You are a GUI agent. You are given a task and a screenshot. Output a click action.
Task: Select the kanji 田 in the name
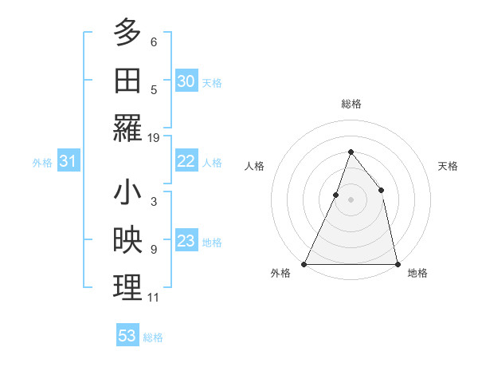(127, 80)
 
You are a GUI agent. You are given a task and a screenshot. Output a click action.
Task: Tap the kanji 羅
(127, 128)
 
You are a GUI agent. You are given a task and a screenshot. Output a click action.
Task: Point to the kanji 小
(127, 193)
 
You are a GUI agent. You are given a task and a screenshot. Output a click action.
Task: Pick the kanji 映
(127, 241)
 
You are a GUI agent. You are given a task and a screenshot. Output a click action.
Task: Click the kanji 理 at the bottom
(127, 289)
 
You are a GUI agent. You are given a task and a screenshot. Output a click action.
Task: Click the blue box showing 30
(186, 81)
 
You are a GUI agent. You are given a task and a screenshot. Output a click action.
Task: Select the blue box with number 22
(186, 161)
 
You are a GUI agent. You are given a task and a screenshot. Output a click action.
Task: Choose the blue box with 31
(68, 162)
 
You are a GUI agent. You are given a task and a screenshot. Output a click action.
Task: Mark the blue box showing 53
(127, 336)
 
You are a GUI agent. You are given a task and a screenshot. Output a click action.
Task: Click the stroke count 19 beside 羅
(154, 138)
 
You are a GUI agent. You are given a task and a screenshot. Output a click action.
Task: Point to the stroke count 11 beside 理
(154, 298)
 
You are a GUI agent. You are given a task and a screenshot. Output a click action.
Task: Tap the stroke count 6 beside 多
(154, 41)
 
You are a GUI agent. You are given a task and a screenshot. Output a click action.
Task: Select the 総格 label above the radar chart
(351, 104)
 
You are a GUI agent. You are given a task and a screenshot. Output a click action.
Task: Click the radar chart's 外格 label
(280, 273)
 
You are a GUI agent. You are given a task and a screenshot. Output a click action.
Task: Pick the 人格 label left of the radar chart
(255, 166)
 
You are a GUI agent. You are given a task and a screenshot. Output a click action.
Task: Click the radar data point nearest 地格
(397, 263)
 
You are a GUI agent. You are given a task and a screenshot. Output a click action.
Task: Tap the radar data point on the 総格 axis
(351, 152)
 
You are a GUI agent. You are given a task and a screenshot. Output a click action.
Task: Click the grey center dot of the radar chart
(351, 199)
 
